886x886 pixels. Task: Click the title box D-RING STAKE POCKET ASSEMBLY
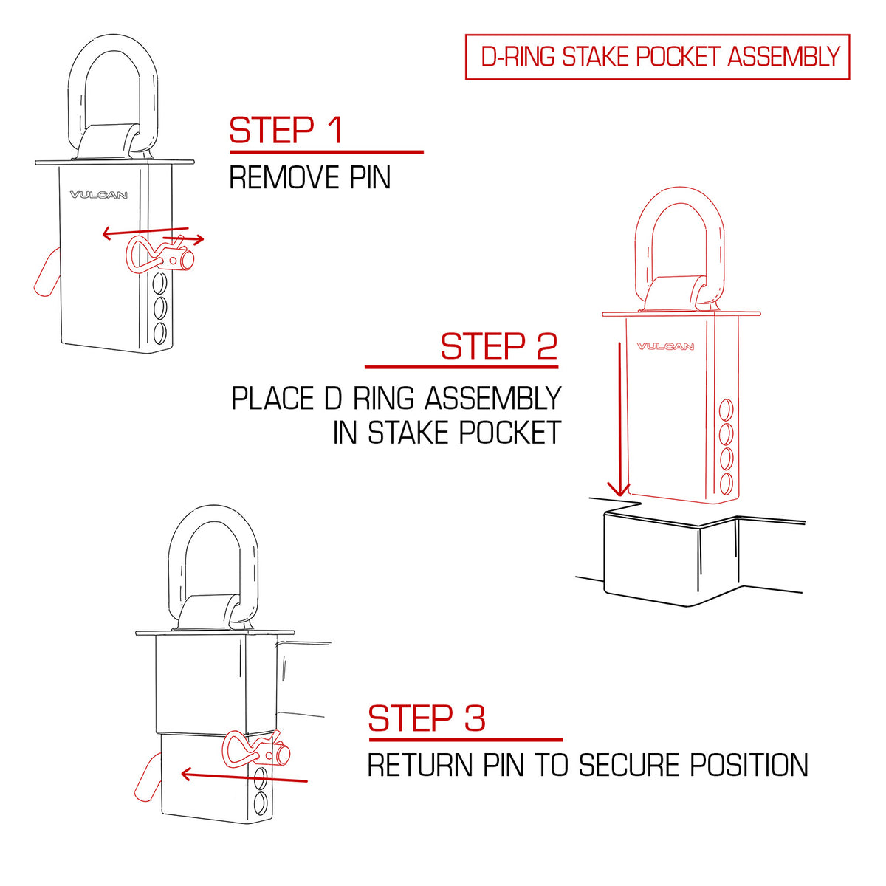click(657, 57)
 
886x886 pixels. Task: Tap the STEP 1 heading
click(286, 130)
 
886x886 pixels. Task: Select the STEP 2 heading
click(499, 346)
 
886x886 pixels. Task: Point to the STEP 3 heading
click(427, 718)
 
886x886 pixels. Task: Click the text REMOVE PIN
click(310, 177)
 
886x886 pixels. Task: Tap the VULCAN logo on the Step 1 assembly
click(98, 195)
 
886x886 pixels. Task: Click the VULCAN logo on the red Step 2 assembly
click(664, 346)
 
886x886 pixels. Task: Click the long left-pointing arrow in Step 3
click(244, 777)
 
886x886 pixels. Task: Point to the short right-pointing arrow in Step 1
click(183, 238)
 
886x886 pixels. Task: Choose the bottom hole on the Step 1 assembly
click(160, 333)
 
